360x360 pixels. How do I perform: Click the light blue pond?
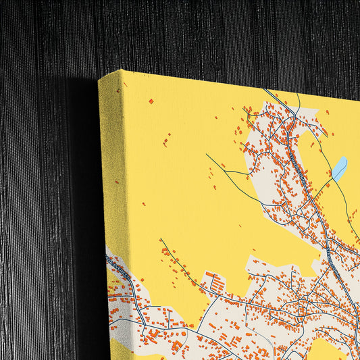[x=339, y=168]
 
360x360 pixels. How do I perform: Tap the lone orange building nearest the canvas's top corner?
[x=151, y=101]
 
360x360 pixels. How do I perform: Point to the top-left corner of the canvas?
[x=100, y=80]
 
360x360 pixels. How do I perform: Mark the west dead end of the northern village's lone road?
[x=207, y=155]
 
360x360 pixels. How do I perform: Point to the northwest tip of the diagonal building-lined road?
[x=161, y=240]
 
